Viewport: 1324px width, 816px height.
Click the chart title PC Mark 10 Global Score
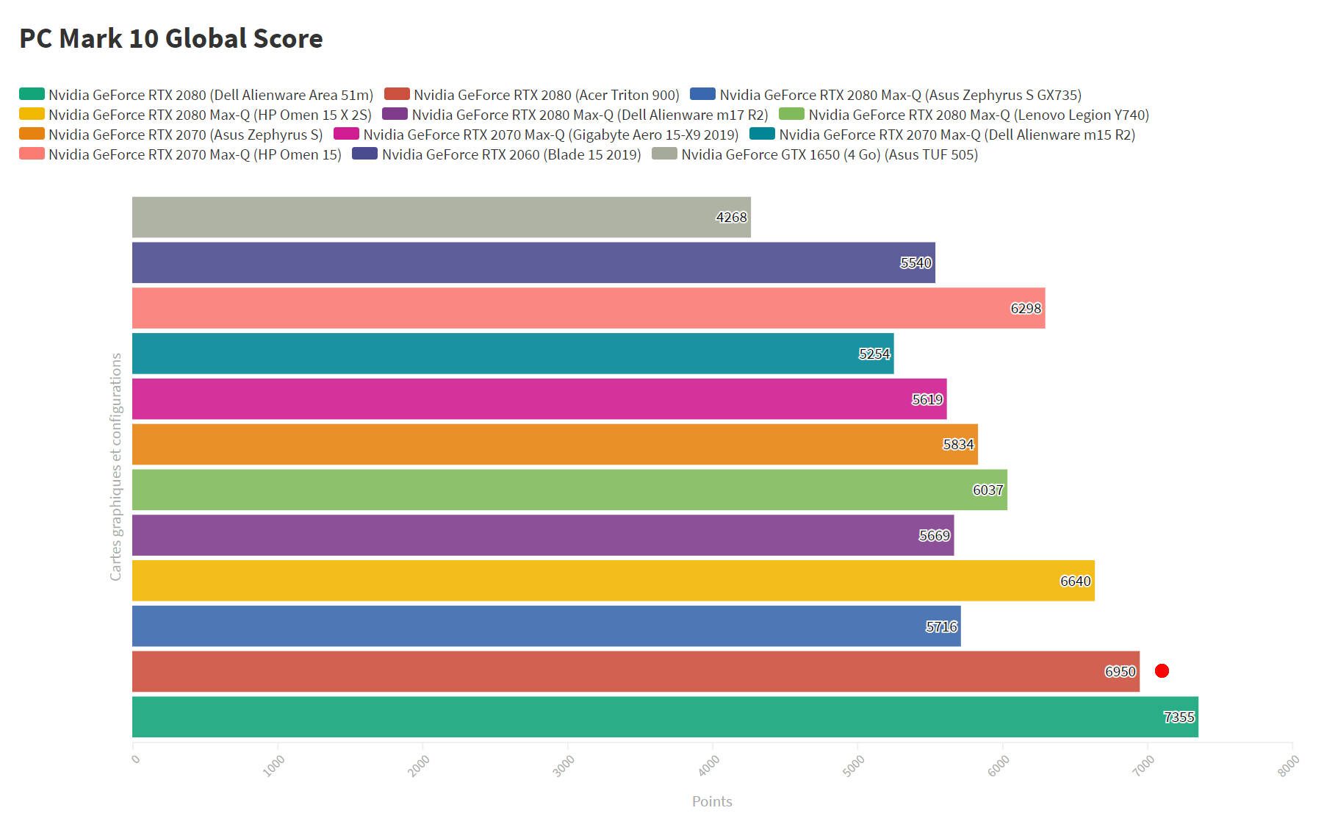pos(170,38)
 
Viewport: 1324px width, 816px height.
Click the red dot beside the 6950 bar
pos(1162,670)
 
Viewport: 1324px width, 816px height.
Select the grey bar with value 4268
pos(441,217)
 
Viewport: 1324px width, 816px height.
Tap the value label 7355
pos(1179,717)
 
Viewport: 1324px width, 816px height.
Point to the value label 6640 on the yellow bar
pos(1075,581)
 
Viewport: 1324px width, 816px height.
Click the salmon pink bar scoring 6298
pos(588,308)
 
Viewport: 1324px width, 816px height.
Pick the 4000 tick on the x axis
pos(709,765)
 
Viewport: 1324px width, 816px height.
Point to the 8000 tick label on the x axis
pos(1288,765)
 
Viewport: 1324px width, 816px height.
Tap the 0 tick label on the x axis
pos(135,759)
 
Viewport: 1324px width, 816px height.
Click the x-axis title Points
pos(712,801)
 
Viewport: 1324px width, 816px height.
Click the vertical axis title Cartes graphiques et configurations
pos(115,467)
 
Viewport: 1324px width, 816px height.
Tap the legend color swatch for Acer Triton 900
pos(397,94)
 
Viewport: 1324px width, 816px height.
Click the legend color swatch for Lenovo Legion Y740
pos(791,114)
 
